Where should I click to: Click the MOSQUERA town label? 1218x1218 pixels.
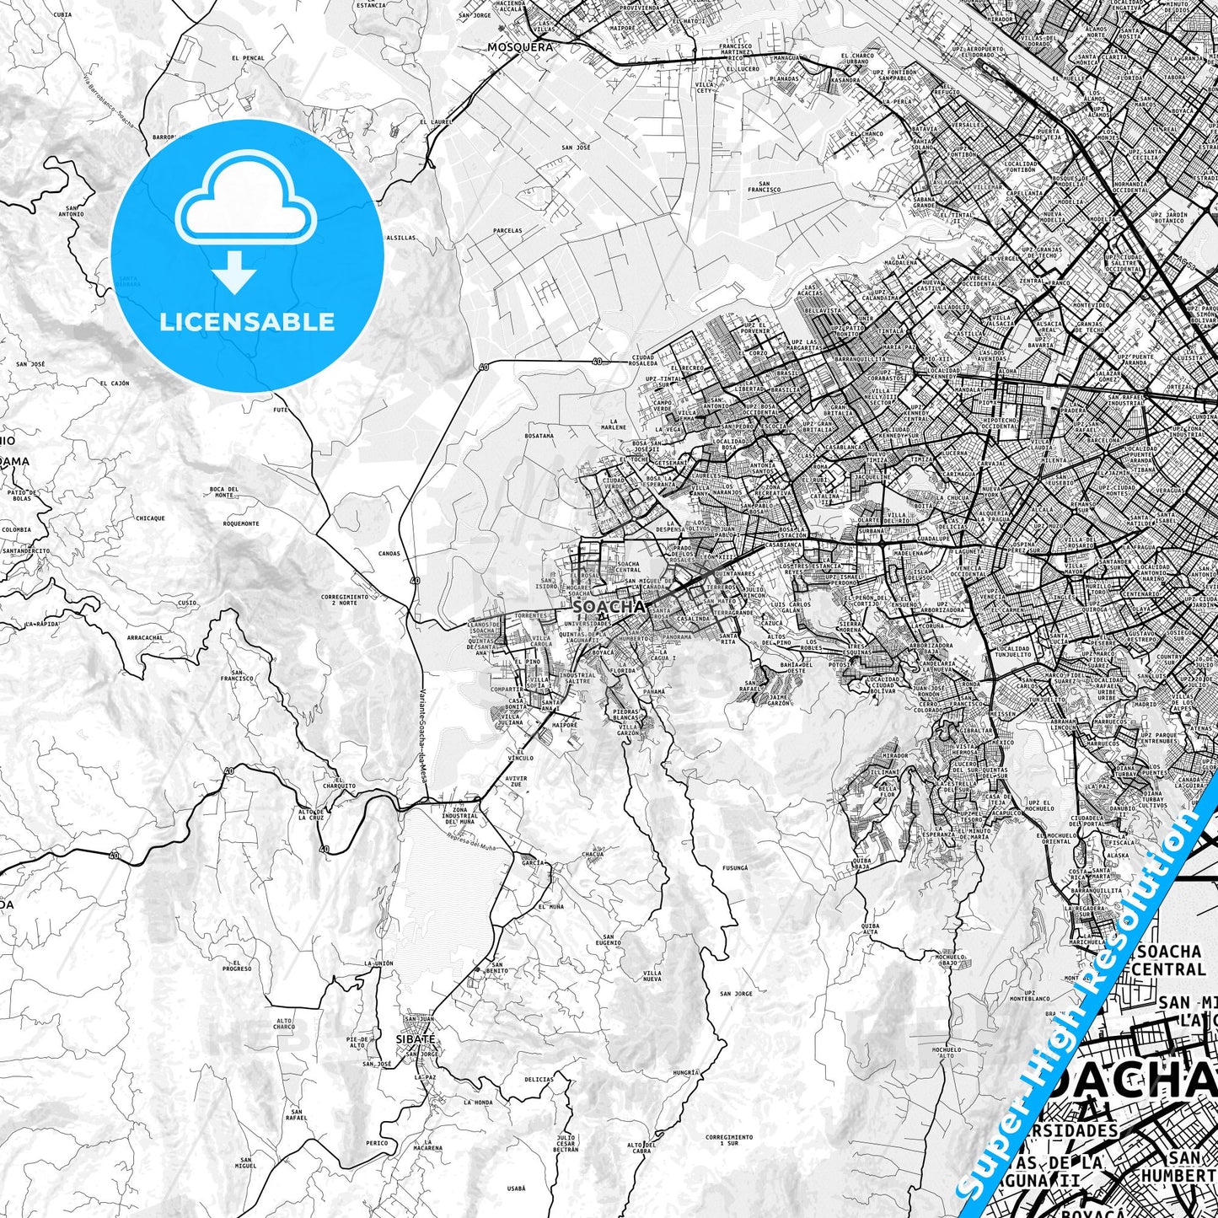tap(520, 47)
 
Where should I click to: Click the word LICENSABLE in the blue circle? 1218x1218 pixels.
tap(247, 322)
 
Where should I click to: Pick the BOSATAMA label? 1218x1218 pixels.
tap(539, 436)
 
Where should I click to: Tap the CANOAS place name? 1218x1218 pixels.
tap(389, 554)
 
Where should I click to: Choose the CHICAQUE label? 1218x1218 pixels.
tap(150, 518)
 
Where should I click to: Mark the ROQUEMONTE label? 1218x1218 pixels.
tap(241, 523)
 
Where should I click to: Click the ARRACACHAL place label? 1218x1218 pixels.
tap(145, 638)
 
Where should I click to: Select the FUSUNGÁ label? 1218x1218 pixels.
tap(734, 867)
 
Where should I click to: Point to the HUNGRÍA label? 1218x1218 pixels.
tap(686, 1072)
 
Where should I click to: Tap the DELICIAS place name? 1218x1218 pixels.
tap(539, 1079)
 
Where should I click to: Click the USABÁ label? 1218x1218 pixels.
tap(517, 1189)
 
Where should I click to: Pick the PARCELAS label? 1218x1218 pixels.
tap(507, 230)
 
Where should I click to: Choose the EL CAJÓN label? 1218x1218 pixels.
tap(115, 383)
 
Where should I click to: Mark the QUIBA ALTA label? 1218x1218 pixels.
tap(870, 929)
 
